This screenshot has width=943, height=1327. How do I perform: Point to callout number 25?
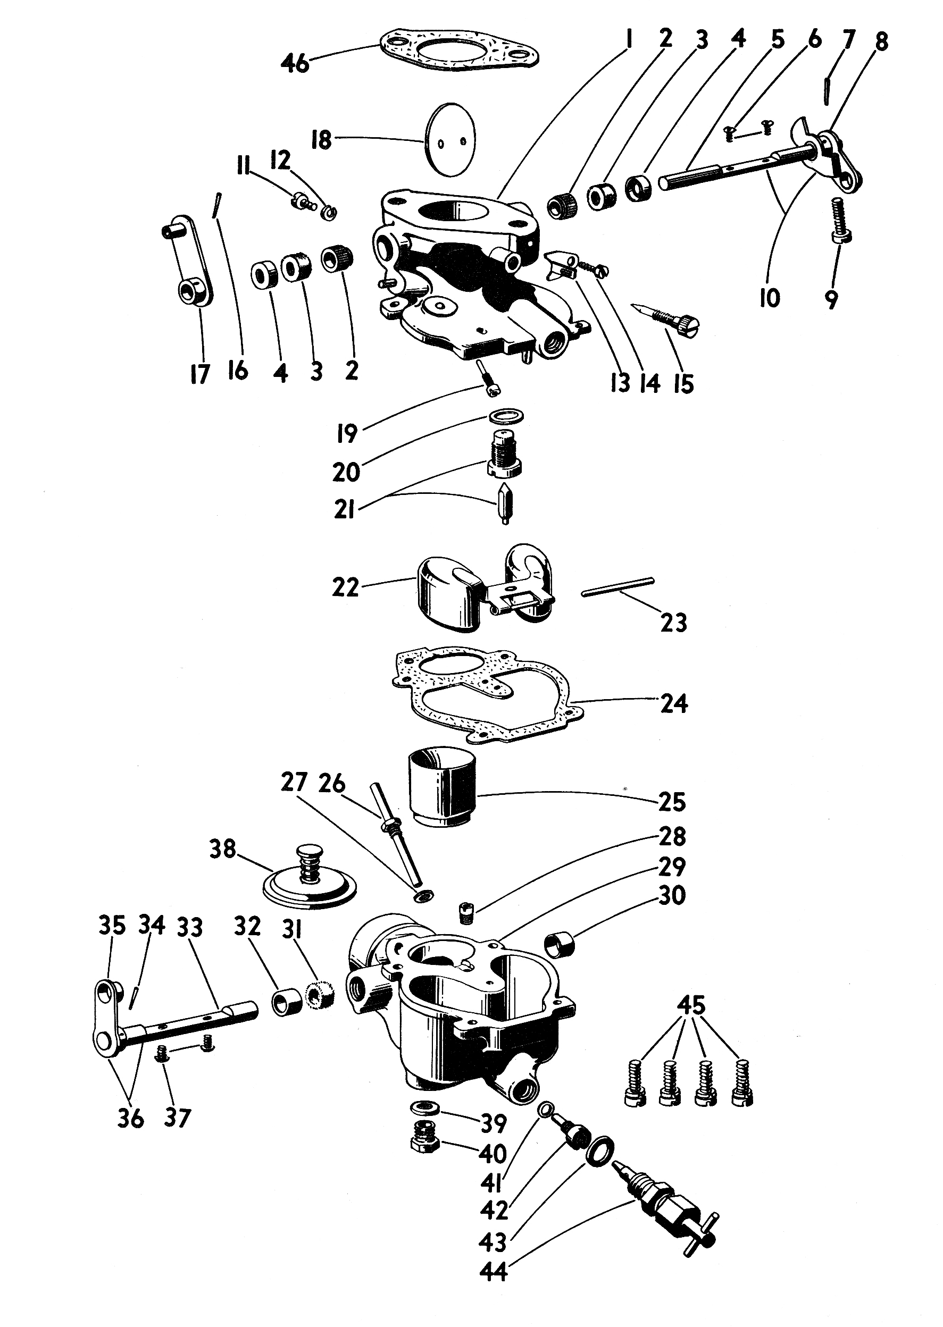[672, 803]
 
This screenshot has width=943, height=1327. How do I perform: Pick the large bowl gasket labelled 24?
[488, 695]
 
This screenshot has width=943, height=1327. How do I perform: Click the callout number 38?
[222, 849]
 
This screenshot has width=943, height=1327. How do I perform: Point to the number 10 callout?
[770, 298]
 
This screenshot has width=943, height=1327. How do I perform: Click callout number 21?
[344, 511]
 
